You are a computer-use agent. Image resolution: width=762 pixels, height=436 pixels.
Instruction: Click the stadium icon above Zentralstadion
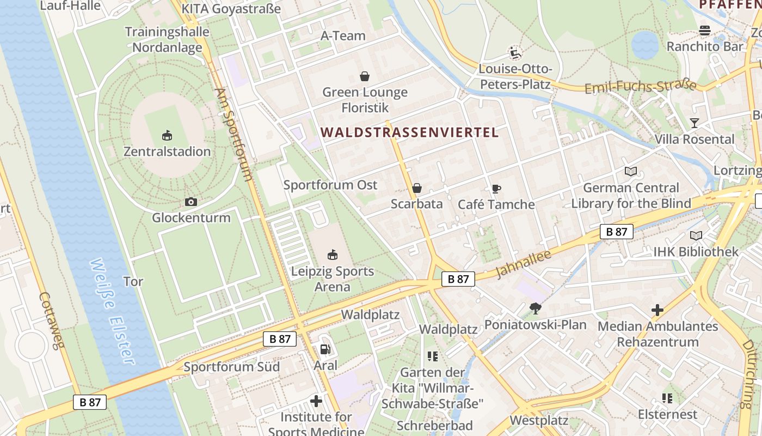click(x=167, y=135)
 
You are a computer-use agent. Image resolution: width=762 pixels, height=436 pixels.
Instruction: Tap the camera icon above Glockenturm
click(x=190, y=202)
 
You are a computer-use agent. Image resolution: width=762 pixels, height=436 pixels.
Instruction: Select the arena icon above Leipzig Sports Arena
click(x=332, y=255)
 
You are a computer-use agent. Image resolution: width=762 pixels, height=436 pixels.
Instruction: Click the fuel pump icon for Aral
click(x=325, y=349)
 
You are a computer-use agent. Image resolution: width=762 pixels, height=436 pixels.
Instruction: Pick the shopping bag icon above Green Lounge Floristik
click(x=365, y=76)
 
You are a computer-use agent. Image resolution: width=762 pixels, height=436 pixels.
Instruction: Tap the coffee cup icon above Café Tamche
click(x=496, y=189)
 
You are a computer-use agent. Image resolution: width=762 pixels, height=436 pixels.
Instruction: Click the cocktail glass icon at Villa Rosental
click(x=694, y=123)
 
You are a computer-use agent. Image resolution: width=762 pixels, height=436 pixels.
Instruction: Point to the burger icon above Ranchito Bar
click(x=705, y=31)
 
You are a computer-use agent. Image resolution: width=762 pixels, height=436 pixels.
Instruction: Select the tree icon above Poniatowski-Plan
click(x=536, y=308)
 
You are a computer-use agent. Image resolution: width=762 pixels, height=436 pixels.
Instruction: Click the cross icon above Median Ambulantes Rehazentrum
click(x=657, y=310)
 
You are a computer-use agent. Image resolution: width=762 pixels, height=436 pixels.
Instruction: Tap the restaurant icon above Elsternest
click(x=667, y=398)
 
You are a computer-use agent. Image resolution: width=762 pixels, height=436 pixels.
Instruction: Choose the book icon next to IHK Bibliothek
click(x=696, y=235)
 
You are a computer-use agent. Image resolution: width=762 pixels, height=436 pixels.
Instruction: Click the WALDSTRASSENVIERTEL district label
click(x=410, y=132)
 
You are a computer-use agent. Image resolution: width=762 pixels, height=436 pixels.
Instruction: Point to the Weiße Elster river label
click(x=112, y=311)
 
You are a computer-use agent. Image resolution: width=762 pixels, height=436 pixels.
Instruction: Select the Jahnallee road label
click(x=524, y=264)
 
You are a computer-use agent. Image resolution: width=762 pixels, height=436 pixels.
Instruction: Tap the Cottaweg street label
click(x=51, y=320)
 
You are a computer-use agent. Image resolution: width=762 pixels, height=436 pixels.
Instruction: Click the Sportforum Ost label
click(x=330, y=185)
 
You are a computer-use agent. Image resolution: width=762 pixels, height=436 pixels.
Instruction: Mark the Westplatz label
click(x=538, y=420)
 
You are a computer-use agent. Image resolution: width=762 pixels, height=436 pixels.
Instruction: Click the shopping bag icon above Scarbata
click(x=417, y=188)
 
